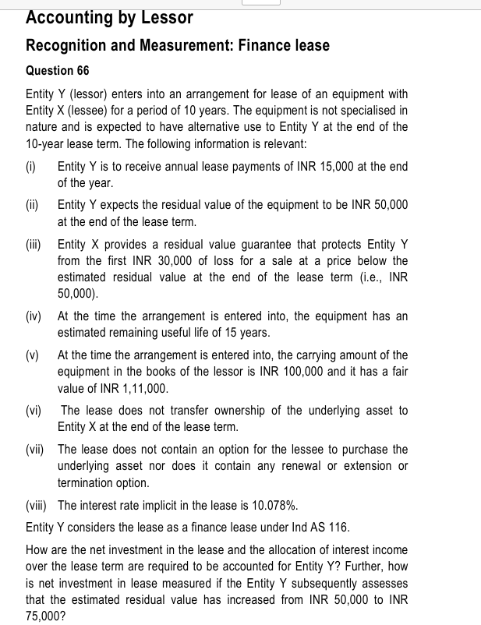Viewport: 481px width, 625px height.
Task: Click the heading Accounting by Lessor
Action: click(109, 16)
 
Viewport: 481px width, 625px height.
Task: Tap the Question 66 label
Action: click(58, 71)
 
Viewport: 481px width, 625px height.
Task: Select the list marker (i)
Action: click(32, 167)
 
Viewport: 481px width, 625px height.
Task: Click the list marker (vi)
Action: click(36, 410)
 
